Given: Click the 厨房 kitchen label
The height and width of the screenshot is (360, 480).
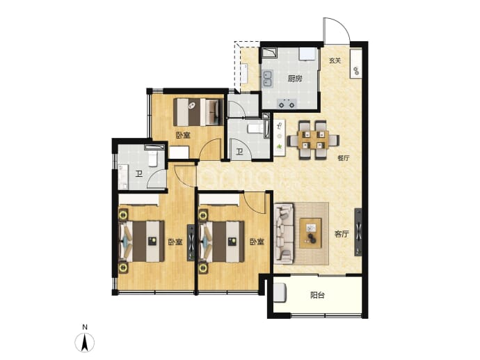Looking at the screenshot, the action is pos(295,79).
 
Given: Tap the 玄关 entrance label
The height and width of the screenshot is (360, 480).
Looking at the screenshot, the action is pos(335,61).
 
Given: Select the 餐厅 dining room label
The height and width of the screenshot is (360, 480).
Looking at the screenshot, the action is pos(343,158).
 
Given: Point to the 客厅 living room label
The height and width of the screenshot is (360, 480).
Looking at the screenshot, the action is pos(342,235).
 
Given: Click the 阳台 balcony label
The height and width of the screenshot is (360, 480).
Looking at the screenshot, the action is pos(317,296).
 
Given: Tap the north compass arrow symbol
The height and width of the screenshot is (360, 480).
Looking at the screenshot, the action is pos(85,342).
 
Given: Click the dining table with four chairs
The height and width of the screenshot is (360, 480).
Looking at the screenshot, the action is pos(313,140).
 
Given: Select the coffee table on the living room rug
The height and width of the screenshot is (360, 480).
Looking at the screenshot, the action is pos(311,233).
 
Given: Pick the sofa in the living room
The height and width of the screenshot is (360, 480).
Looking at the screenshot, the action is pos(284,234).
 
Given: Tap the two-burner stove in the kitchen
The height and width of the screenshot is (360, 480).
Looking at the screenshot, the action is pos(287,104).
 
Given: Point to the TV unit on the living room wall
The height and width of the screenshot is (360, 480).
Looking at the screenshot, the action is pos(358,232).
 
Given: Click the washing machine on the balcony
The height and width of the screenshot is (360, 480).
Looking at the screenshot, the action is pos(280,293).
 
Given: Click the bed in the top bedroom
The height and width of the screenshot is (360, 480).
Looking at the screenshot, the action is pos(198,112).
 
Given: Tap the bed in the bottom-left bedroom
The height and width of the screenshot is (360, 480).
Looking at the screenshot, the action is pos(141,242).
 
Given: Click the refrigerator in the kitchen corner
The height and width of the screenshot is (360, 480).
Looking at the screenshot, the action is pos(308,54).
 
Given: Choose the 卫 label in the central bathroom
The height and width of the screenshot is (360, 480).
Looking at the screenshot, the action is pos(239,151).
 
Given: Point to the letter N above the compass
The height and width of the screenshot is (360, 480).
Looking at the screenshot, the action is pos(85,327).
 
